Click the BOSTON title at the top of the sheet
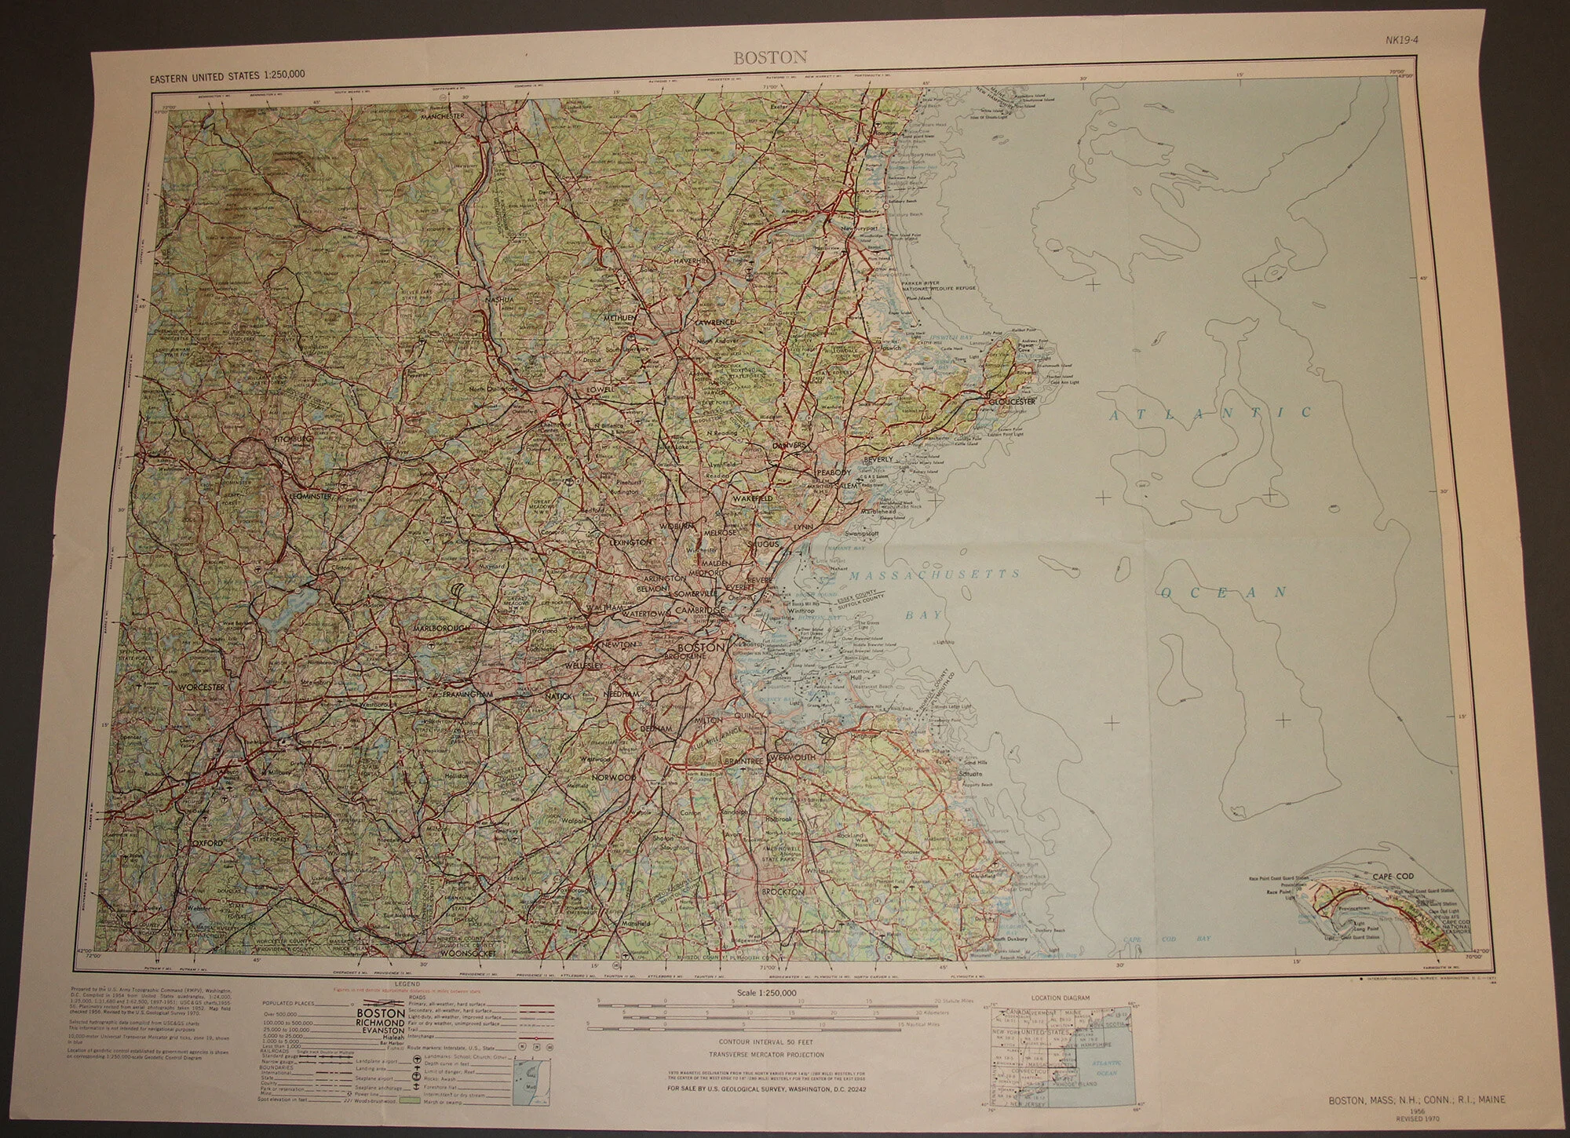758,57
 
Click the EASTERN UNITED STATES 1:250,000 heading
225,75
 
